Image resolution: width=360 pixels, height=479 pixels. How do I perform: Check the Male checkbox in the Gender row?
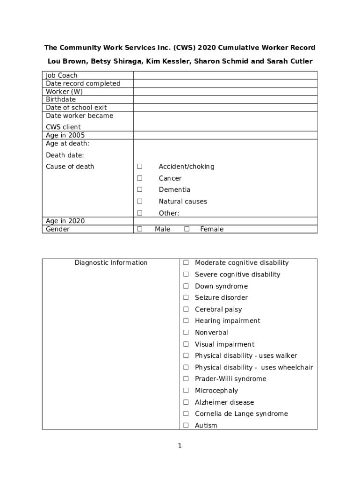139,229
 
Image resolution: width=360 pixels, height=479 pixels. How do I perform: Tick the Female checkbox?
187,229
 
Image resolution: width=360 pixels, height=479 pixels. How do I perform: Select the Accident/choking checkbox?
139,167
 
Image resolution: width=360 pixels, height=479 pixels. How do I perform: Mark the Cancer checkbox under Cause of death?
139,178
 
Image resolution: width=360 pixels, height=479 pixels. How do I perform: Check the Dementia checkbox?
139,190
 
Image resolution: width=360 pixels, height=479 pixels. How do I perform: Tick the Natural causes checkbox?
139,202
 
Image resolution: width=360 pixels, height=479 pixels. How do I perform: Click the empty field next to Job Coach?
225,75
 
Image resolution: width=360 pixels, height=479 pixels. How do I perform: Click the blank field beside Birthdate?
225,100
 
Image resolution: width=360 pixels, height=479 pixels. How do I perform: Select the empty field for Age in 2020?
225,221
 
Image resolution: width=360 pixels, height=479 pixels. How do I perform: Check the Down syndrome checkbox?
186,286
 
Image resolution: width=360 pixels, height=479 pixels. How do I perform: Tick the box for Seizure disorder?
186,298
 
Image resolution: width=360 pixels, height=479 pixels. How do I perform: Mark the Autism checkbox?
186,425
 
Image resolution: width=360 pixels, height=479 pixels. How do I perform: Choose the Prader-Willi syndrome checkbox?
186,379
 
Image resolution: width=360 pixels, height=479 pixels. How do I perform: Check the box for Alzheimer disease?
186,402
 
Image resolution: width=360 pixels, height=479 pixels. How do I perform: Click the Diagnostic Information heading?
111,263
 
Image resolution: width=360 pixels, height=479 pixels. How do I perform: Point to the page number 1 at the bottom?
180,446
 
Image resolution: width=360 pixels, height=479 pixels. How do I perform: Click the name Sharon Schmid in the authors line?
217,61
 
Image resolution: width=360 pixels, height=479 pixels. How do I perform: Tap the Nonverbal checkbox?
186,333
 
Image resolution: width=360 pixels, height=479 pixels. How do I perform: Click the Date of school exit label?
76,108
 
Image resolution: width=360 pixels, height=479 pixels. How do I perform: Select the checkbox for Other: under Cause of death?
139,213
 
